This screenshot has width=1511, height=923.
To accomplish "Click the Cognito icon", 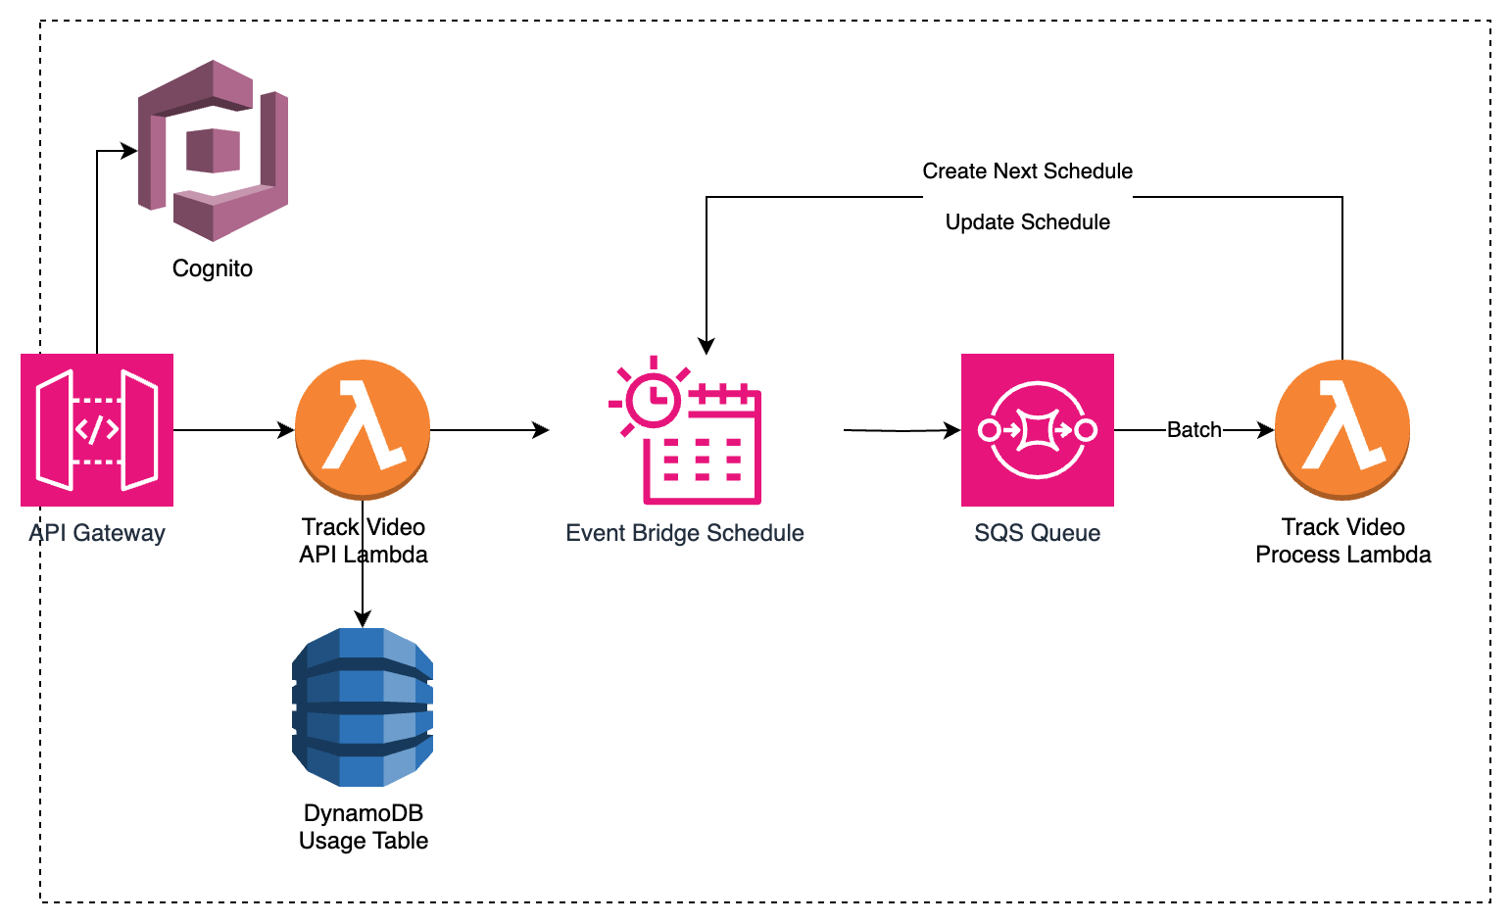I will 213,150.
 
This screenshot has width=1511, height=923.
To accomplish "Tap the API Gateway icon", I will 97,430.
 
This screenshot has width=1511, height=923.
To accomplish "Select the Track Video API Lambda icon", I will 363,429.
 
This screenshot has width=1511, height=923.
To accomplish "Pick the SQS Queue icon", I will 1038,430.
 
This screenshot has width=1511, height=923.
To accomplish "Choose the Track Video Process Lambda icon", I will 1342,429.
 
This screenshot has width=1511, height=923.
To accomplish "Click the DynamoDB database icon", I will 363,707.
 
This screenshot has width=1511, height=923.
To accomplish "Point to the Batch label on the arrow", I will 1194,430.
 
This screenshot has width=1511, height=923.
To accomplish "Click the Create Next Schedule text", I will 1027,171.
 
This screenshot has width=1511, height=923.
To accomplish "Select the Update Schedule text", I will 1027,222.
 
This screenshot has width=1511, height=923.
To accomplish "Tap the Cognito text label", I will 213,268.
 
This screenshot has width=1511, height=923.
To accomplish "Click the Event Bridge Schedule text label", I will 685,533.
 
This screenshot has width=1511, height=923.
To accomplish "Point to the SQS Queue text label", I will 1037,533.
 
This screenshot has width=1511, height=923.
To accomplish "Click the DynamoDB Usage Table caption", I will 364,827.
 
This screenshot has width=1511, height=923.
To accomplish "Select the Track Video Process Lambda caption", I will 1342,541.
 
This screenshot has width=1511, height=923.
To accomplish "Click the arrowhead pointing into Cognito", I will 129,151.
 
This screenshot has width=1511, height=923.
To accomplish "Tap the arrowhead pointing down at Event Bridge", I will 707,346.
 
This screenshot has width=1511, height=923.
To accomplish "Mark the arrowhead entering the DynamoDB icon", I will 363,618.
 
